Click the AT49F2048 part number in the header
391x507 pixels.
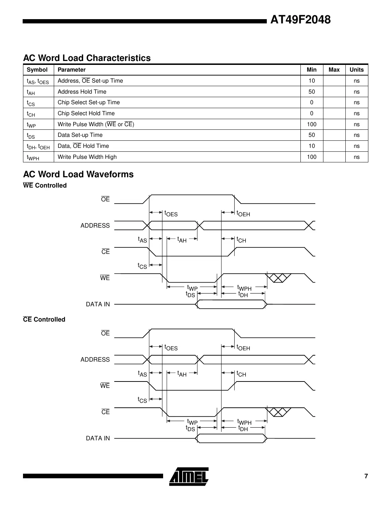300,20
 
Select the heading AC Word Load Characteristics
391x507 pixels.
87,58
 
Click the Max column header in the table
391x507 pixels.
334,70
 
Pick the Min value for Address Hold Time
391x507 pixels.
311,92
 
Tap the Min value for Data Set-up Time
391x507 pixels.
311,135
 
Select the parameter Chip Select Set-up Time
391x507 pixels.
88,102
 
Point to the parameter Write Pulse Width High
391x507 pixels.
87,157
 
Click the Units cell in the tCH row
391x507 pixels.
356,113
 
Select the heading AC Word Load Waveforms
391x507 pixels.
78,174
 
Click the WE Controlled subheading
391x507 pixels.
45,185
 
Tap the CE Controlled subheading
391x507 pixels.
44,319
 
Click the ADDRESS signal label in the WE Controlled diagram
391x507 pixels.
95,225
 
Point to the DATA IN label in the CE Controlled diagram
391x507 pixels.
98,438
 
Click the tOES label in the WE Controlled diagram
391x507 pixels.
171,214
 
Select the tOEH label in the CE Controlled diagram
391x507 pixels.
243,348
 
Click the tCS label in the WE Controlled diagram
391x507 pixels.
142,266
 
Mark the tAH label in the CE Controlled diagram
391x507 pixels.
182,374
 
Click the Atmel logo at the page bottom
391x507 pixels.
189,476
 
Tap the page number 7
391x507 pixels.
366,476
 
